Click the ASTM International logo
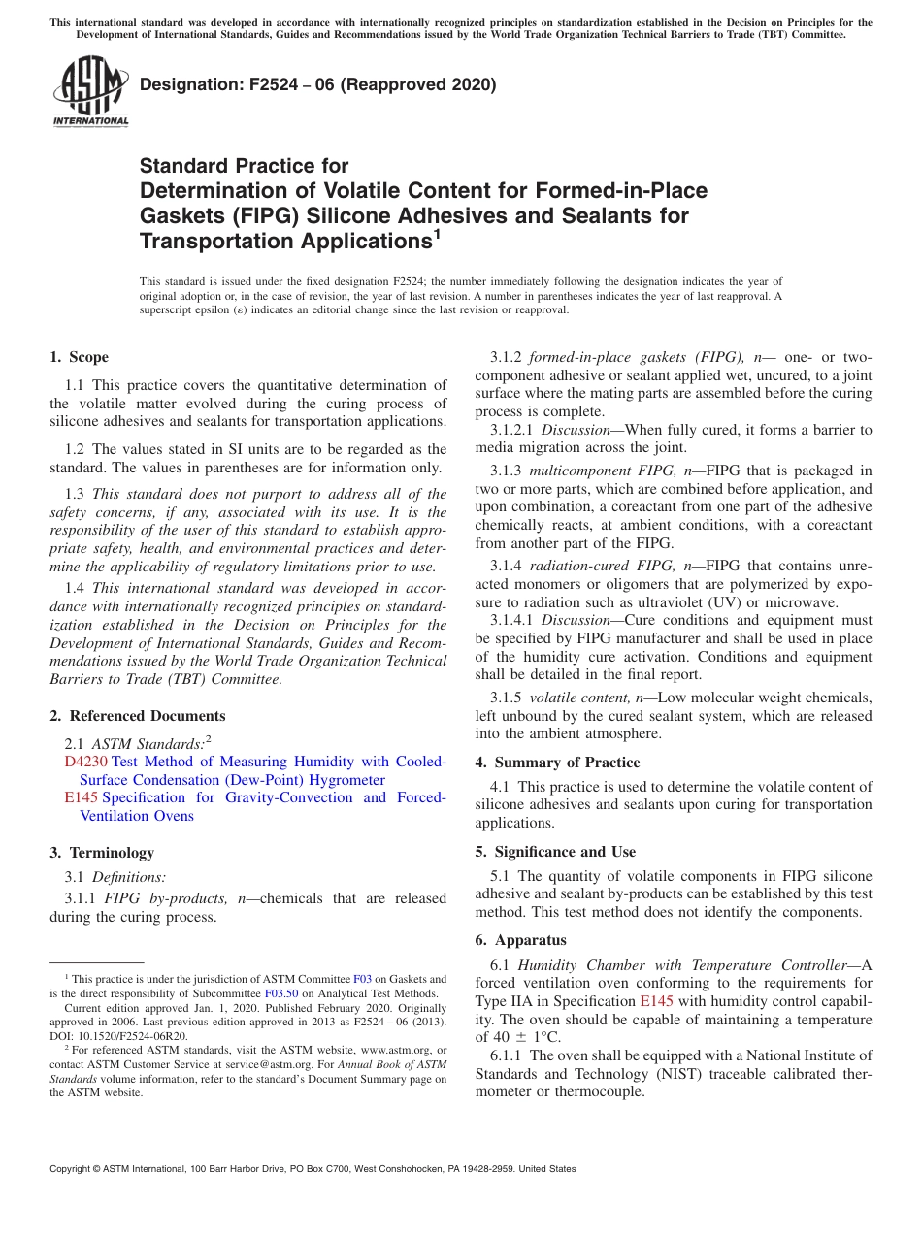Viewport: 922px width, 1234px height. click(x=90, y=91)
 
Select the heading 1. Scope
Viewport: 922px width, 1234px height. click(x=80, y=357)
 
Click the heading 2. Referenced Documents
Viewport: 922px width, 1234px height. click(x=137, y=716)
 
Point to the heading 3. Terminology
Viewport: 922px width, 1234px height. click(x=102, y=853)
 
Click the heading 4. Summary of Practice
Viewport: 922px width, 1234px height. click(x=557, y=763)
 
